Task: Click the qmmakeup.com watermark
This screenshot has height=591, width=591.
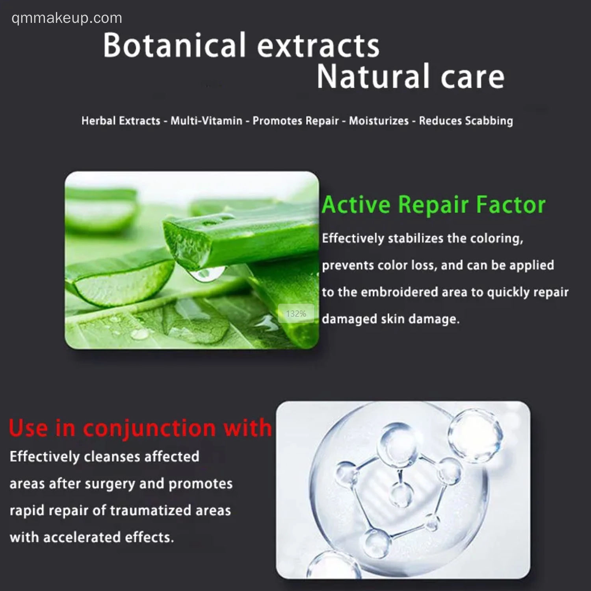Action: (x=67, y=18)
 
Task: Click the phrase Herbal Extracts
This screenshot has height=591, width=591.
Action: (x=121, y=121)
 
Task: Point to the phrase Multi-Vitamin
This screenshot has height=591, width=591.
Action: (x=206, y=121)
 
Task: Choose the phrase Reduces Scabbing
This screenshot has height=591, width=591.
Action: (x=466, y=121)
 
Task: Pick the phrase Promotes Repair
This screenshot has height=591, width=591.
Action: (x=295, y=121)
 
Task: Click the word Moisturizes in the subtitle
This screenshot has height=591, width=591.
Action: (x=379, y=121)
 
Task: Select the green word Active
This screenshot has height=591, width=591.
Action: (x=356, y=204)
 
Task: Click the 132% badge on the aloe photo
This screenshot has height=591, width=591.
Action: (x=296, y=314)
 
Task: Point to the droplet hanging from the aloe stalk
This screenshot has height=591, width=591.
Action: (x=206, y=273)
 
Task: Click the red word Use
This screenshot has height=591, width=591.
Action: (x=28, y=428)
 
